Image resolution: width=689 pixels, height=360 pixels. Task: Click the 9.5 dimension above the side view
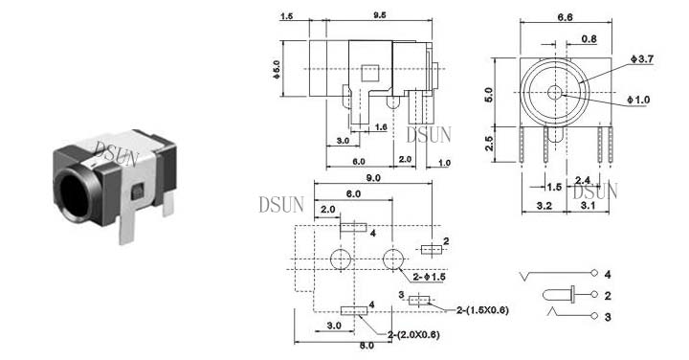pos(380,15)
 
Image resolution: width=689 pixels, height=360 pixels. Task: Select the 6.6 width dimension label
pos(566,17)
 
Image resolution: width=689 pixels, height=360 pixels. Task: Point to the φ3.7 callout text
pos(642,58)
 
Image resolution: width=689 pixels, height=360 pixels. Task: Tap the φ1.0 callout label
pos(638,100)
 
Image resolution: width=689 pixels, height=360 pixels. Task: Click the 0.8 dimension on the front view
pos(589,39)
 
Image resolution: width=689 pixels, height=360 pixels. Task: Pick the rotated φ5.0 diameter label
pos(277,70)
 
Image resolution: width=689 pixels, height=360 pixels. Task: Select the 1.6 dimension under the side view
pos(381,127)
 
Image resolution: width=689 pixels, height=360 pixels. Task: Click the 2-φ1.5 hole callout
pos(429,277)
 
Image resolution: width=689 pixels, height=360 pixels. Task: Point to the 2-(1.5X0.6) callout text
pos(482,310)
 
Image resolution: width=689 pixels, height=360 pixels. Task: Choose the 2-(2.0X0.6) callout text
pos(413,335)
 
